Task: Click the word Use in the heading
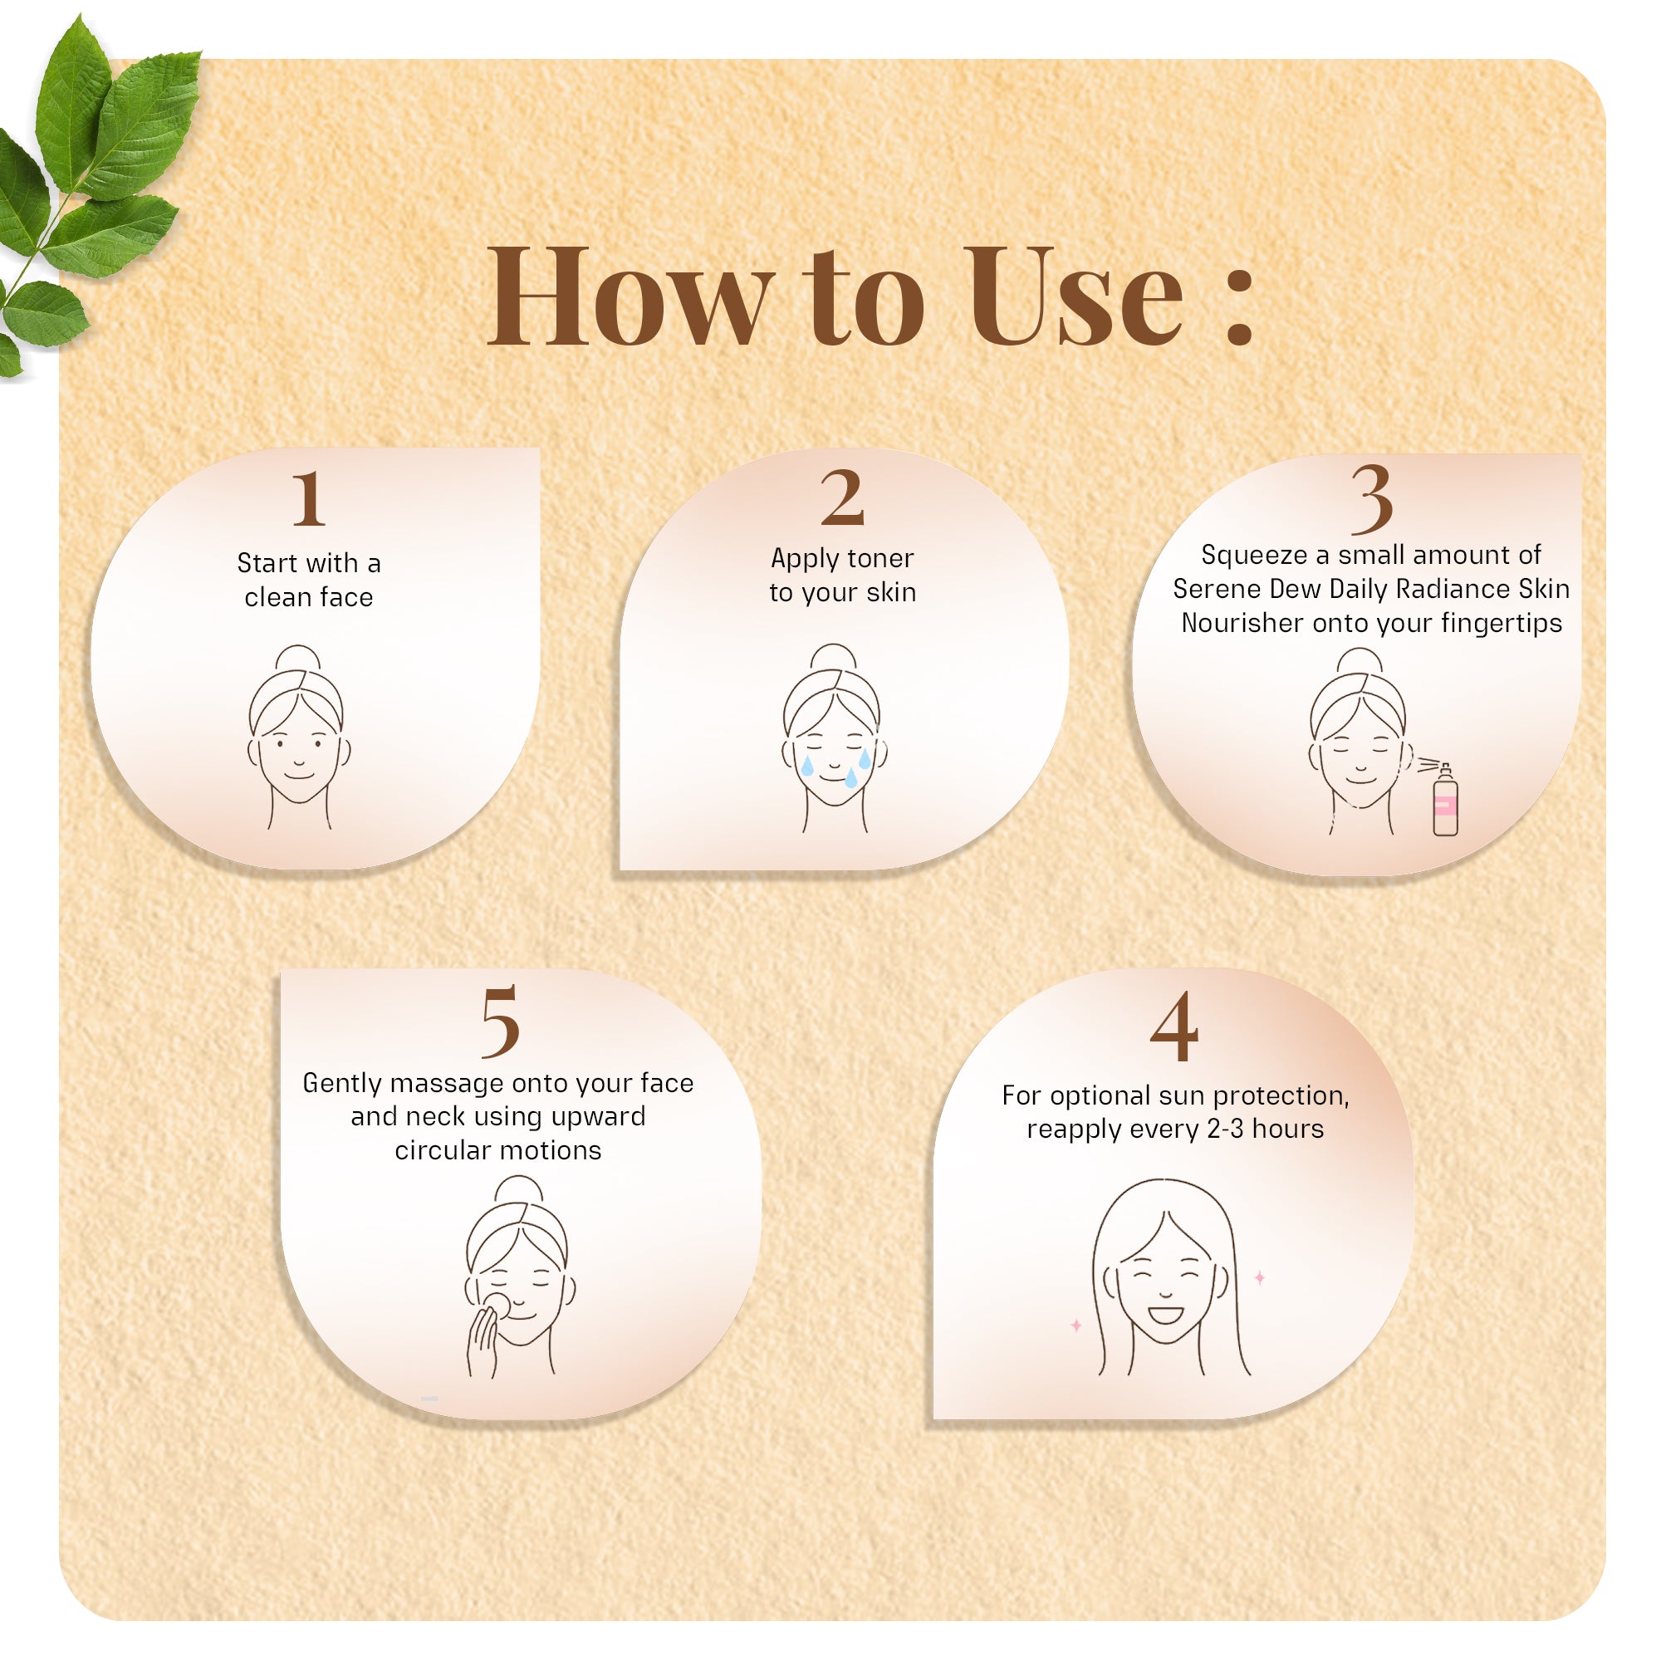pyautogui.click(x=1075, y=296)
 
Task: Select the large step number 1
pyautogui.click(x=309, y=497)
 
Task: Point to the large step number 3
pyautogui.click(x=1371, y=497)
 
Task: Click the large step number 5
pyautogui.click(x=499, y=1021)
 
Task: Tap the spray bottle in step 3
pyautogui.click(x=1445, y=799)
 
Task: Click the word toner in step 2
pyautogui.click(x=880, y=559)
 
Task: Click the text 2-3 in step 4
pyautogui.click(x=1224, y=1129)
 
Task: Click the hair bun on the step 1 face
pyautogui.click(x=297, y=659)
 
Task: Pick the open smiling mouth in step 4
pyautogui.click(x=1166, y=1315)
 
